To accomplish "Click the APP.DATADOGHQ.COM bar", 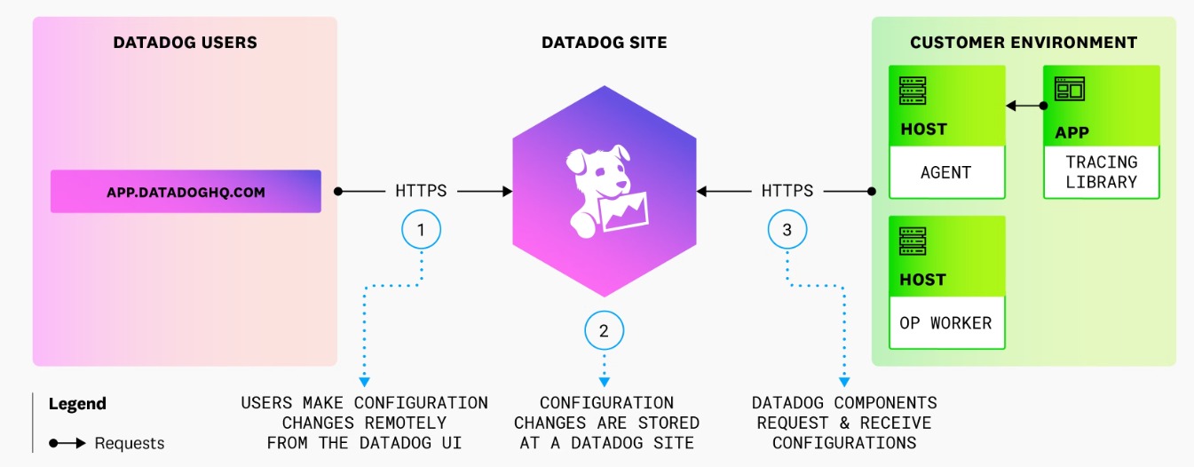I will click(x=186, y=192).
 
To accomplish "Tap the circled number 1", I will click(x=421, y=230).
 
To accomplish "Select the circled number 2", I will click(x=604, y=331).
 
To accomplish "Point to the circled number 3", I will click(x=787, y=230).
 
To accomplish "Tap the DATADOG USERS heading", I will click(x=185, y=43).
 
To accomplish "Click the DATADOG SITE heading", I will click(x=604, y=43).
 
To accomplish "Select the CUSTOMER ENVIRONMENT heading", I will click(x=1024, y=43).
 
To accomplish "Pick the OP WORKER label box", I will click(x=945, y=323).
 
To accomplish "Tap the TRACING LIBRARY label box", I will click(x=1101, y=172).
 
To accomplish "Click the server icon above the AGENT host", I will click(x=912, y=91).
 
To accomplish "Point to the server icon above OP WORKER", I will click(x=912, y=242).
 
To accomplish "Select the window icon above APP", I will click(x=1068, y=90).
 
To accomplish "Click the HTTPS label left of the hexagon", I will click(x=421, y=191).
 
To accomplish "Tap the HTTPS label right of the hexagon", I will click(x=787, y=191).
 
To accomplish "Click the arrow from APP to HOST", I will click(x=1024, y=107).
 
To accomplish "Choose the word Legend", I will click(x=77, y=404).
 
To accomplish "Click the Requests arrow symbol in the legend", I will click(x=67, y=443).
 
